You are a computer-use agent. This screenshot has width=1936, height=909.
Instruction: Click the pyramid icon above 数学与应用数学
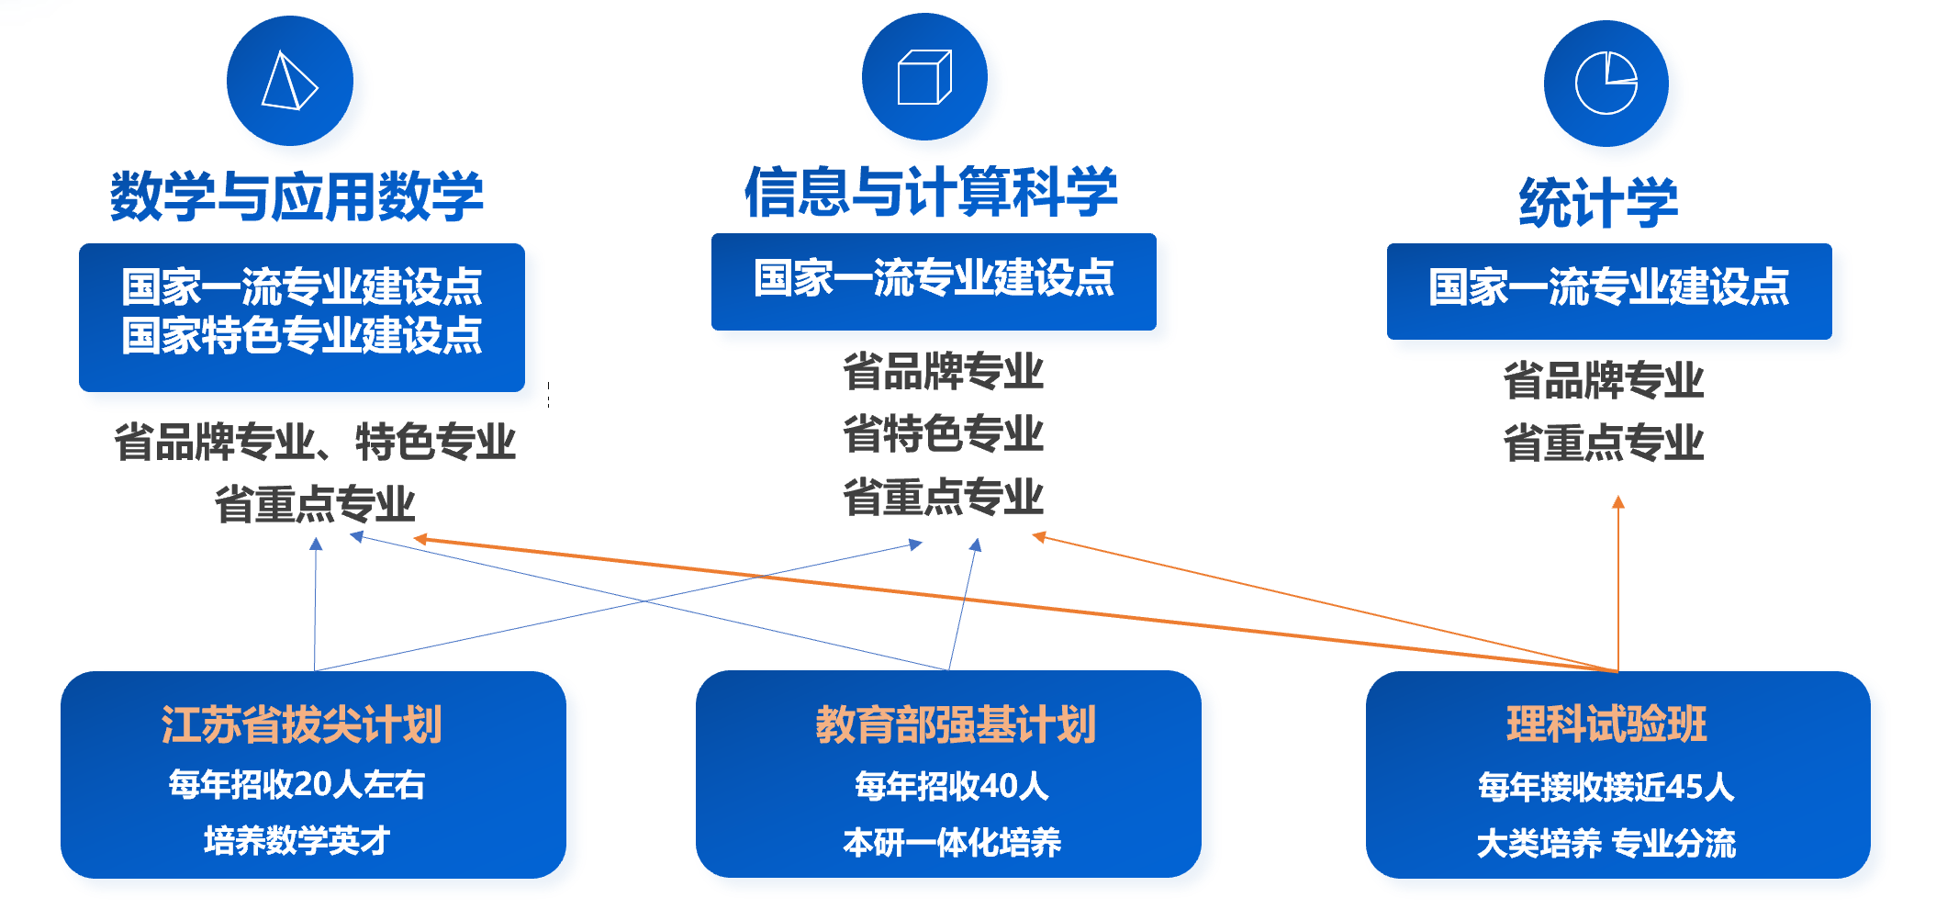pyautogui.click(x=290, y=82)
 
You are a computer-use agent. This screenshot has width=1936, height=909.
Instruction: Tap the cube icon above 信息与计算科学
pyautogui.click(x=924, y=77)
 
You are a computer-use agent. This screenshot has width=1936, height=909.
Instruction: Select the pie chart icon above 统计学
pyautogui.click(x=1606, y=84)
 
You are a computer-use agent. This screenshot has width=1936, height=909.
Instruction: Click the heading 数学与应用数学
pyautogui.click(x=297, y=196)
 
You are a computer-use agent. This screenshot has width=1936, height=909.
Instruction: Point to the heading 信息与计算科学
pyautogui.click(x=931, y=192)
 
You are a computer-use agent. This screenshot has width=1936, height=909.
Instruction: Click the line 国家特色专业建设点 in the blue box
pyautogui.click(x=301, y=335)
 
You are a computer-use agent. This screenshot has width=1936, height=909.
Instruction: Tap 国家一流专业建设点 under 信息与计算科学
pyautogui.click(x=934, y=278)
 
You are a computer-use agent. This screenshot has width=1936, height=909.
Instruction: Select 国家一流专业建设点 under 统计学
pyautogui.click(x=1608, y=287)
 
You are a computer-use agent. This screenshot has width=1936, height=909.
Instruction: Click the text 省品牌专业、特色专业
pyautogui.click(x=314, y=443)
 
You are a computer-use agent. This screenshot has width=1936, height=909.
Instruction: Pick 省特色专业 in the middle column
pyautogui.click(x=943, y=434)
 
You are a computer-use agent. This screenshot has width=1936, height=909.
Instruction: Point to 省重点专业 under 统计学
pyautogui.click(x=1603, y=443)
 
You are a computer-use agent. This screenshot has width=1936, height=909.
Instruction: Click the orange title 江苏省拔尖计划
pyautogui.click(x=301, y=724)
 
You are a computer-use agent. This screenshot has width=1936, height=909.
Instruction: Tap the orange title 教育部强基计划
pyautogui.click(x=955, y=724)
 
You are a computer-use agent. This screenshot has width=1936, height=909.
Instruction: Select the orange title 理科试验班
pyautogui.click(x=1606, y=724)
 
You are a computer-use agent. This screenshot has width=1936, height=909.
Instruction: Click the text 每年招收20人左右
pyautogui.click(x=297, y=785)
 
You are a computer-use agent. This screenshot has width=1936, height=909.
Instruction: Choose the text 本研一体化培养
pyautogui.click(x=952, y=842)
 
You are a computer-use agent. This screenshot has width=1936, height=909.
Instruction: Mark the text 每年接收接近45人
pyautogui.click(x=1606, y=787)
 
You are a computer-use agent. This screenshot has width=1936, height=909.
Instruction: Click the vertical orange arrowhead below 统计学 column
pyautogui.click(x=1618, y=502)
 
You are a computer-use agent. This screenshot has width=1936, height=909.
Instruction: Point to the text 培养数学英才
pyautogui.click(x=297, y=840)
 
